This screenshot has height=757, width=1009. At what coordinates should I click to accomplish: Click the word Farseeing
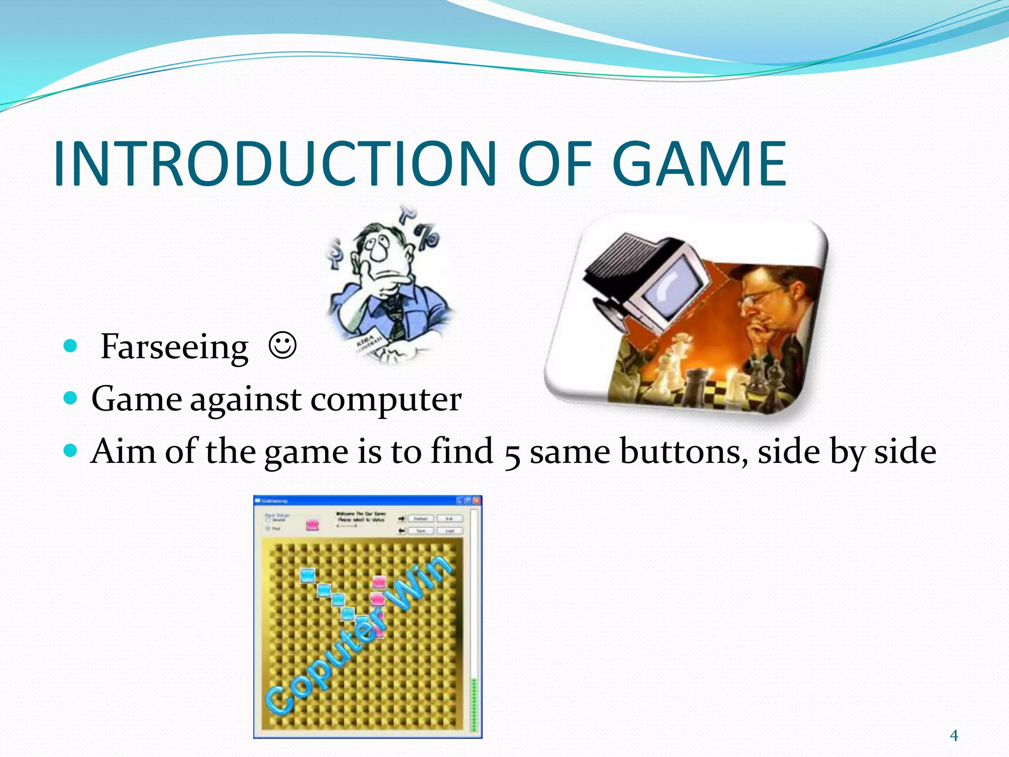[x=174, y=347]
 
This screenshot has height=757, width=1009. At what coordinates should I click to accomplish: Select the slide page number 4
[x=954, y=736]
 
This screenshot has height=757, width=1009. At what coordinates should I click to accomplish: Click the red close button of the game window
[x=476, y=500]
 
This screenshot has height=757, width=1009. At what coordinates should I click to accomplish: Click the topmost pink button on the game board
[x=378, y=582]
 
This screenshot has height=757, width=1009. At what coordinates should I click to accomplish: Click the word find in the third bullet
[x=462, y=451]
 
